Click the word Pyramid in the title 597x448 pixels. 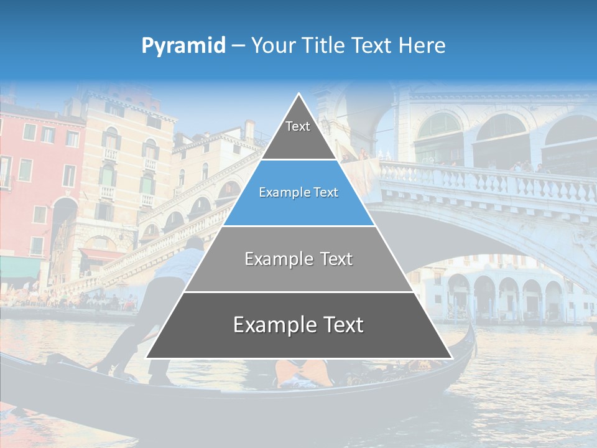(x=183, y=46)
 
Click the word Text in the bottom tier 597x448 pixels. (x=340, y=325)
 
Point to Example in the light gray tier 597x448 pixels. (x=276, y=259)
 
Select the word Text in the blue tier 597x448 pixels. (x=327, y=193)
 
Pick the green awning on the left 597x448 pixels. (x=19, y=267)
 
